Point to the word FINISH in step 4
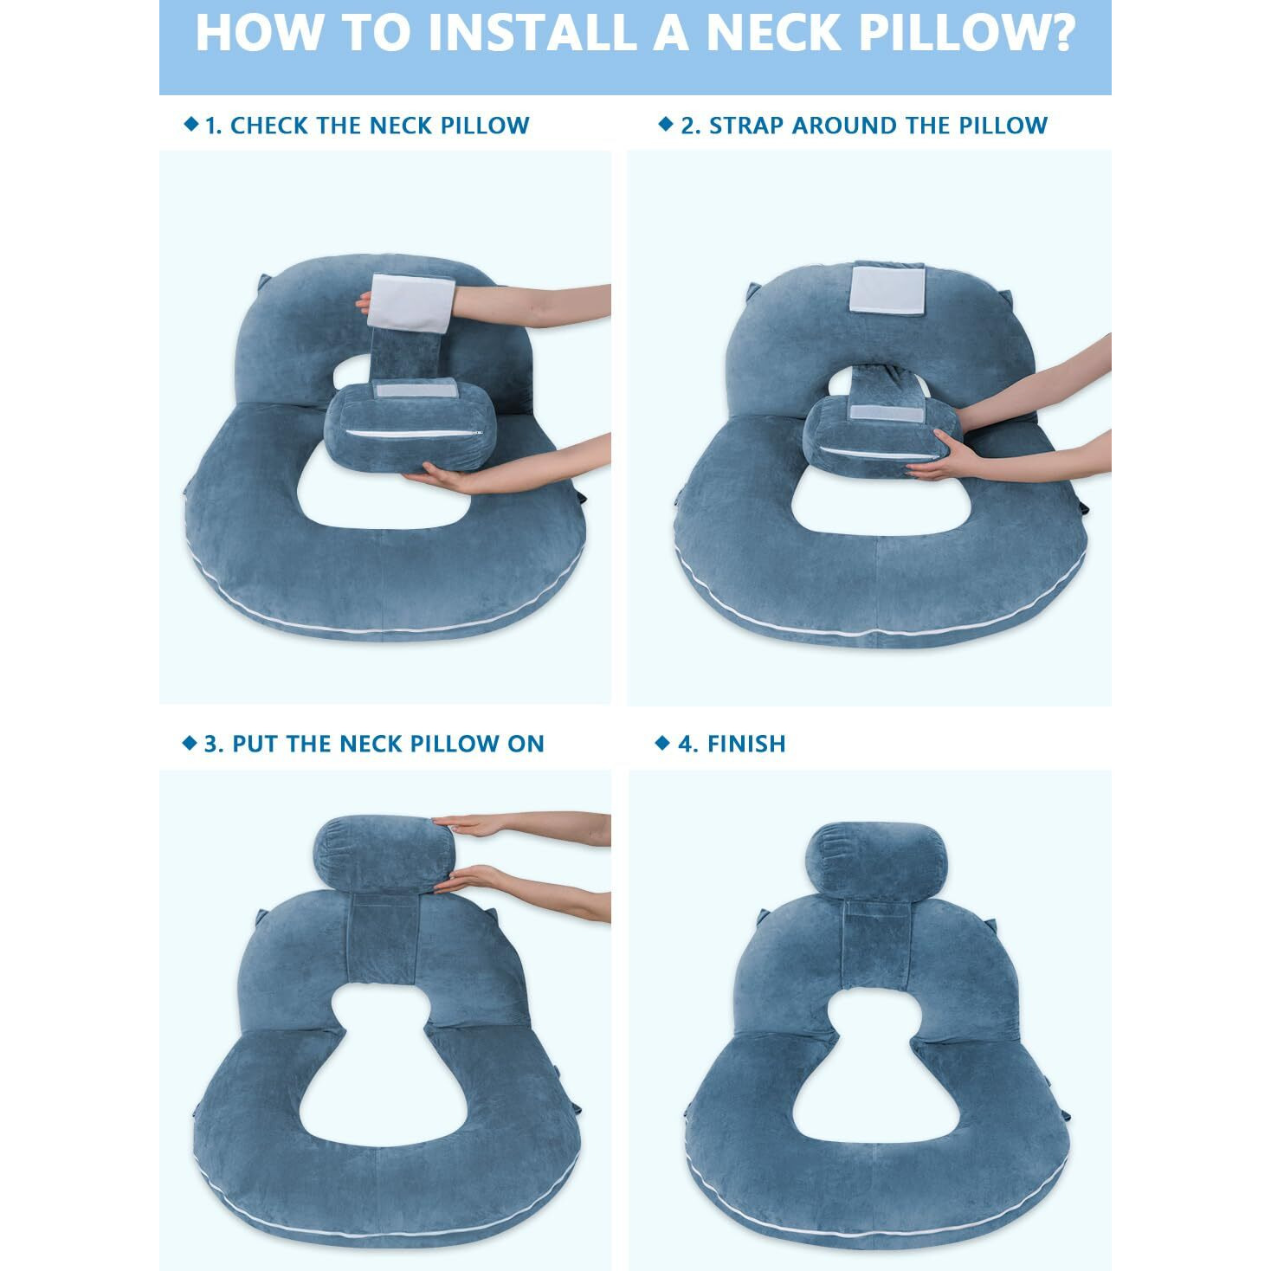746,744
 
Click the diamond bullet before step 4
662,743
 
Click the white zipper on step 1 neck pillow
414,433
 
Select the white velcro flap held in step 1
411,303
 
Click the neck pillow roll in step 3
384,855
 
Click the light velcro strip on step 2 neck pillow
887,414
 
